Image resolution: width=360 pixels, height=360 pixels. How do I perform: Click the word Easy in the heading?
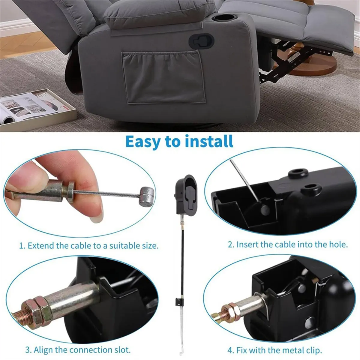pyautogui.click(x=143, y=141)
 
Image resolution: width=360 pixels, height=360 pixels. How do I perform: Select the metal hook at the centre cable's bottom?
pyautogui.click(x=181, y=351)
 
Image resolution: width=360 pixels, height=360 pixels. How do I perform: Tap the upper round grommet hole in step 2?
pyautogui.click(x=298, y=173)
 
